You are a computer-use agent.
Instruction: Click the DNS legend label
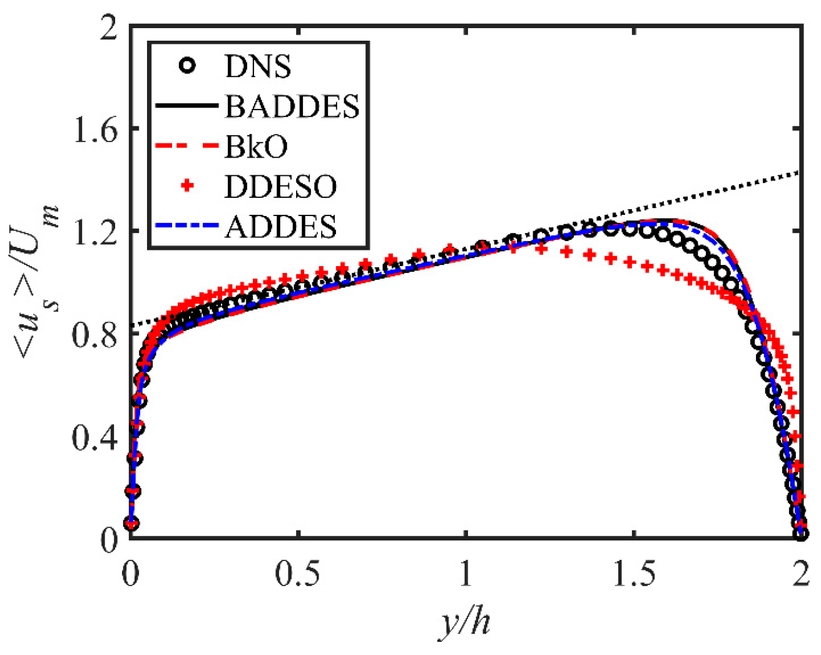[x=257, y=66]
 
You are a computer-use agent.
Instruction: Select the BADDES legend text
[x=292, y=106]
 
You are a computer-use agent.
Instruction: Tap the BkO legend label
[x=257, y=147]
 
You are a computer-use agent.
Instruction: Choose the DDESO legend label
[x=280, y=187]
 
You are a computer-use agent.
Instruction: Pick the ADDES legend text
[x=280, y=227]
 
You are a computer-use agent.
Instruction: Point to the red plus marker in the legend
[x=186, y=186]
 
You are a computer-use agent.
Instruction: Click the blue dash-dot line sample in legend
[x=186, y=226]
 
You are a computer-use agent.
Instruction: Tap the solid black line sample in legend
[x=186, y=106]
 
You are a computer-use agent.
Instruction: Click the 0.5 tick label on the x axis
[x=298, y=575]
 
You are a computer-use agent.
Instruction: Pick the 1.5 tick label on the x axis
[x=634, y=575]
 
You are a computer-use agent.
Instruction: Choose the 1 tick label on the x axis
[x=466, y=575]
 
